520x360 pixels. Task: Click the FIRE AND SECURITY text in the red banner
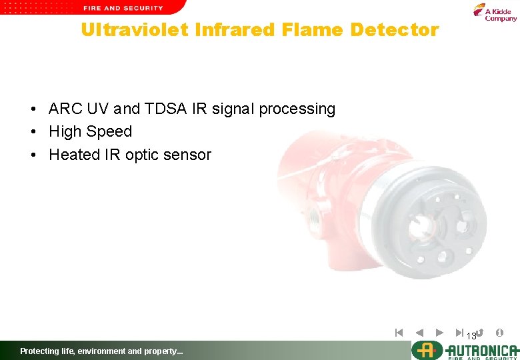coord(123,8)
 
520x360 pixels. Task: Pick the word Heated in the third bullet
coord(74,155)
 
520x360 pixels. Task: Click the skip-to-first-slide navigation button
coord(399,332)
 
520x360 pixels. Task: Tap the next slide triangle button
coord(439,332)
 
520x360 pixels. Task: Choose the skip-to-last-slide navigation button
coord(459,332)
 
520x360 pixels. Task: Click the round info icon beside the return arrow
coord(500,332)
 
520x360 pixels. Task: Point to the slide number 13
coord(471,335)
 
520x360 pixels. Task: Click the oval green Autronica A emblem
coord(425,350)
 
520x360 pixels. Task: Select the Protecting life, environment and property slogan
coord(101,351)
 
